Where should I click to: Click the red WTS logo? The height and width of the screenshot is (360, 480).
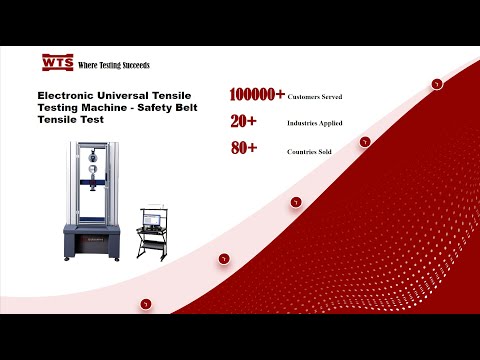pos(57,63)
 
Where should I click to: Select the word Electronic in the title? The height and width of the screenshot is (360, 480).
pos(57,95)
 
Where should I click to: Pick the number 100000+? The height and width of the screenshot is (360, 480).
pos(257,95)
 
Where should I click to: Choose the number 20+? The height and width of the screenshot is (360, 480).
pos(243,122)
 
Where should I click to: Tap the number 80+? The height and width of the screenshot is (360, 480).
pos(243,149)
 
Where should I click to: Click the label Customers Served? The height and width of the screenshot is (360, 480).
pos(315,97)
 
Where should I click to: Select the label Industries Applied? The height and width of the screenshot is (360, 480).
pos(315,124)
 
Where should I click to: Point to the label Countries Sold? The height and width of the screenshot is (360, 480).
pos(309,151)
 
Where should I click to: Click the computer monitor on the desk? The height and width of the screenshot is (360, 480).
pos(152,216)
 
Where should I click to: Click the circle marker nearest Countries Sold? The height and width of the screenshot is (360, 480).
pos(365,142)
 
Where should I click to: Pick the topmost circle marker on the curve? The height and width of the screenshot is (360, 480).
pos(437,84)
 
